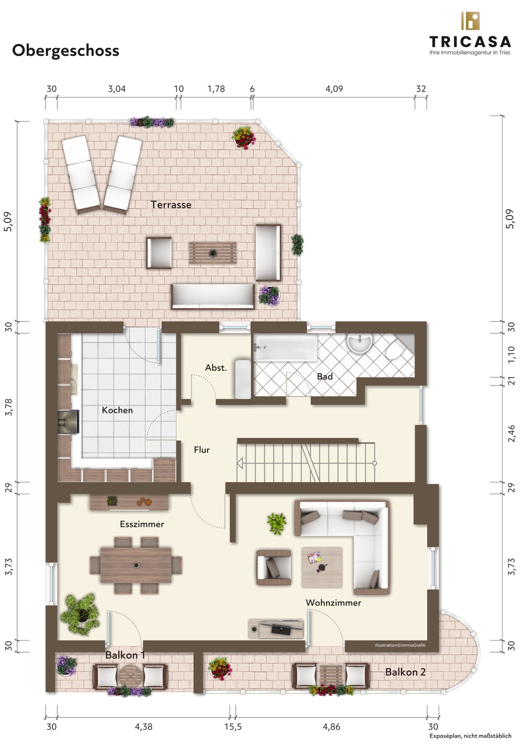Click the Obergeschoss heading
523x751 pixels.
point(66,51)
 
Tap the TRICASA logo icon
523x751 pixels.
point(470,21)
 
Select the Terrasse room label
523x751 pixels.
point(171,205)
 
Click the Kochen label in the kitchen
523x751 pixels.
point(117,410)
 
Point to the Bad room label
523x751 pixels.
point(325,377)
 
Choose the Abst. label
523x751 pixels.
point(216,368)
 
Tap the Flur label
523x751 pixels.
point(202,450)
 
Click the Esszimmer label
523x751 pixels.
point(142,524)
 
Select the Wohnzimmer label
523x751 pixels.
point(333,602)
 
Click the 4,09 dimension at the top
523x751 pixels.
point(334,89)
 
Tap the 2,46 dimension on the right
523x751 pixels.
point(511,434)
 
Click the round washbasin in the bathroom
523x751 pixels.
point(360,343)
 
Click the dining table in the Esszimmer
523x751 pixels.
point(136,565)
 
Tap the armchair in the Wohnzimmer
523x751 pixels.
point(274,567)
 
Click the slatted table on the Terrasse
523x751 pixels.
point(212,253)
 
